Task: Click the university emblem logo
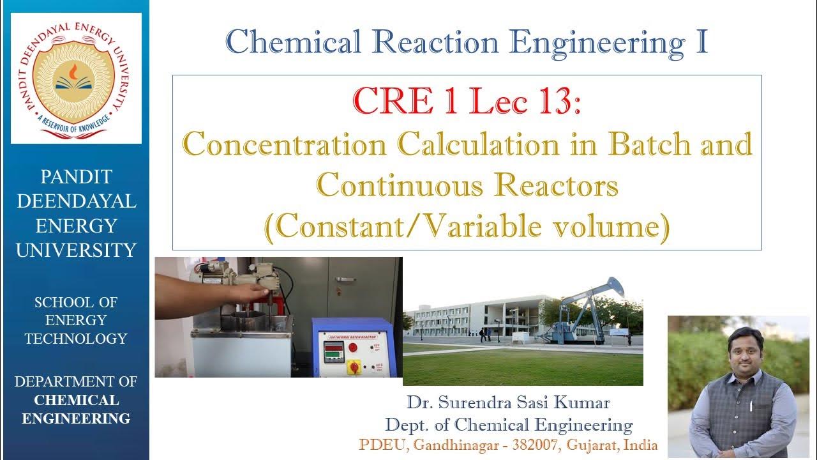coord(76,77)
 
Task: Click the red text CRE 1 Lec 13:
coord(467,102)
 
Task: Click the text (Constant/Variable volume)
coord(467,227)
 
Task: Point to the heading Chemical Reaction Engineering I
coord(467,42)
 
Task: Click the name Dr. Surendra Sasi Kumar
coord(508,403)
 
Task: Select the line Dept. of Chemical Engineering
coord(508,424)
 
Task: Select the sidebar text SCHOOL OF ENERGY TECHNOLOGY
coord(76,320)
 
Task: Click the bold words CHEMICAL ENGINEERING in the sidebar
coord(76,410)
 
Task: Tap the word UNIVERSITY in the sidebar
coord(76,250)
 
